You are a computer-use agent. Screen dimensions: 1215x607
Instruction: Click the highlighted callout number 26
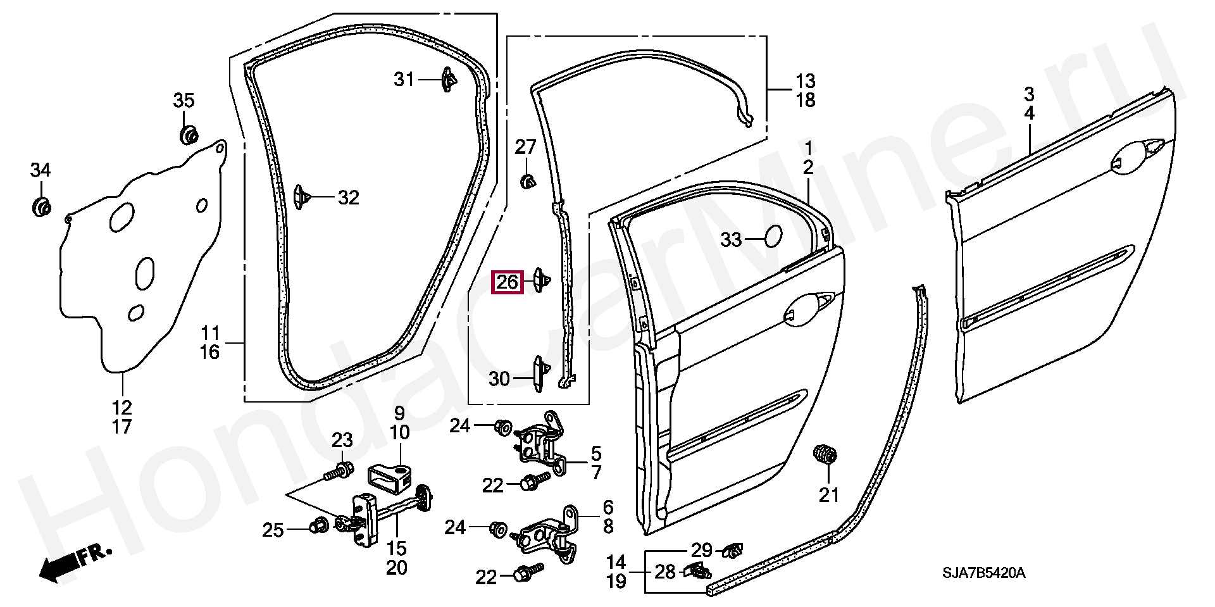tap(508, 282)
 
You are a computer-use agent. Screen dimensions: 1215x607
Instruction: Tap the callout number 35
tap(184, 100)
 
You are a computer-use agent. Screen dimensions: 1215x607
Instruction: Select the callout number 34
tap(40, 170)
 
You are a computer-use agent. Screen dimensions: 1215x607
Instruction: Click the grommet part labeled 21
tap(825, 454)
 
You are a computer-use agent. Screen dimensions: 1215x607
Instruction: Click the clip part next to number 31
tap(447, 79)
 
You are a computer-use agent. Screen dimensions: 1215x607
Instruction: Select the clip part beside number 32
tap(301, 197)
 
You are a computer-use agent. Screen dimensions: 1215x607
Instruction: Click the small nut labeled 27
tap(526, 182)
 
